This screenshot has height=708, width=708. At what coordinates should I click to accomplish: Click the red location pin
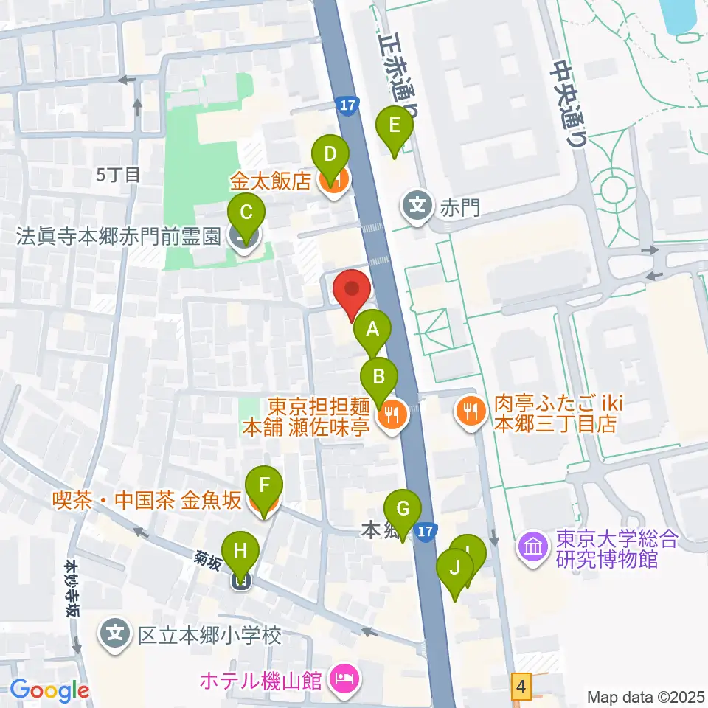tap(352, 291)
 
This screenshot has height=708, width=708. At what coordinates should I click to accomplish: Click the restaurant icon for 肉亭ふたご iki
tap(470, 410)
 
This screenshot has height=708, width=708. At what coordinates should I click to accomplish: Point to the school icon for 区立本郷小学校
tap(117, 634)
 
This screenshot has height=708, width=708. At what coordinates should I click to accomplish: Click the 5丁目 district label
tap(119, 175)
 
